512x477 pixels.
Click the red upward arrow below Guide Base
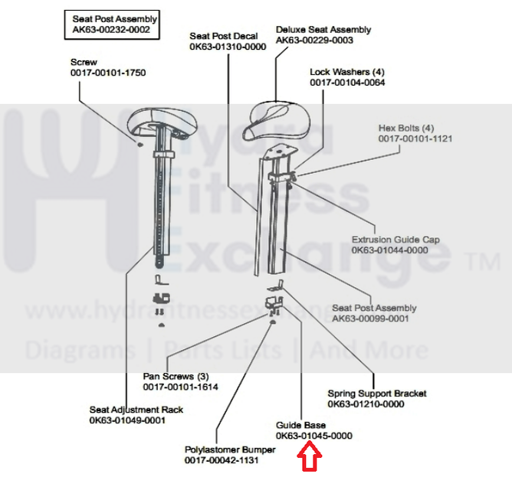coord(311,458)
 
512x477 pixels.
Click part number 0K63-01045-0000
coord(313,436)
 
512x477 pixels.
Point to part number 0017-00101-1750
coord(107,73)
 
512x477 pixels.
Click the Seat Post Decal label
coord(224,36)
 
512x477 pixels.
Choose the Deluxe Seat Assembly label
coord(323,30)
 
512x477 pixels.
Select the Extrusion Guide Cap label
coord(395,240)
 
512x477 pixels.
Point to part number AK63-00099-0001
coord(370,318)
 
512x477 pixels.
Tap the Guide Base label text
coord(300,425)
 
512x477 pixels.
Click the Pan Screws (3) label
coord(176,377)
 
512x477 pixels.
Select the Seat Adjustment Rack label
coord(136,410)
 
